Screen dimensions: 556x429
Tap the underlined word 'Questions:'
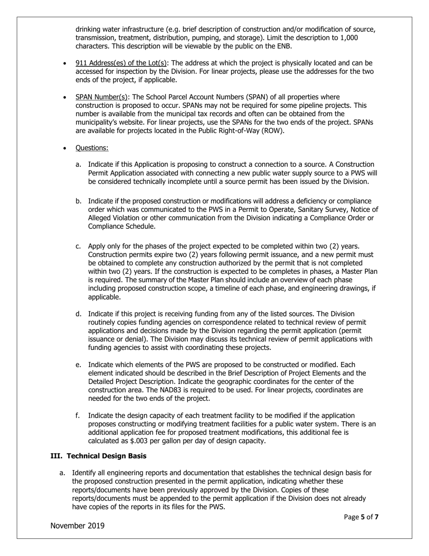[92, 148]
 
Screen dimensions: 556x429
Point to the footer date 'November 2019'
[77, 525]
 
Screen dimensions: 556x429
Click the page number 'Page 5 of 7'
[361, 517]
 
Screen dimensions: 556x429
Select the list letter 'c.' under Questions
[78, 246]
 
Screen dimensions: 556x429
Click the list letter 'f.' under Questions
[78, 415]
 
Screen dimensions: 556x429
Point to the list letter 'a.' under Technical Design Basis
[62, 473]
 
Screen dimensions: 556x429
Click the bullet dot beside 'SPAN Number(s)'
[66, 97]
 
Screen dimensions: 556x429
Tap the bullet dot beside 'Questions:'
[66, 148]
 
